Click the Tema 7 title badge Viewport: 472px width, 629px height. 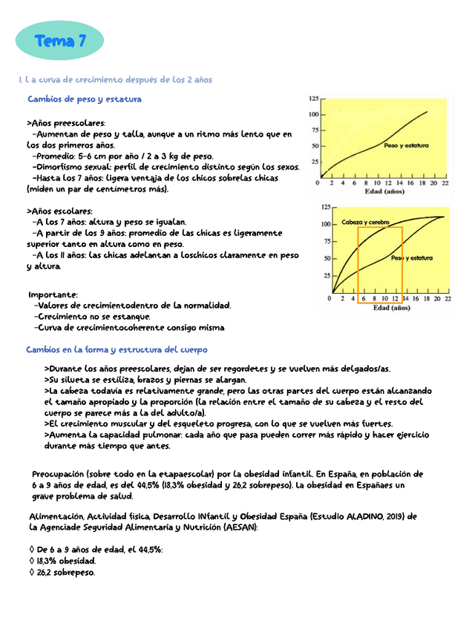pyautogui.click(x=59, y=42)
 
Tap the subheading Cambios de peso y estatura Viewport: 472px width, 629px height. pyautogui.click(x=84, y=99)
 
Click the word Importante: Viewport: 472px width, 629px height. pyautogui.click(x=52, y=294)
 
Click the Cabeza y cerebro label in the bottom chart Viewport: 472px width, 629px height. pyautogui.click(x=365, y=222)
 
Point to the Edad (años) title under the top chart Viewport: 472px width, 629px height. pyautogui.click(x=384, y=191)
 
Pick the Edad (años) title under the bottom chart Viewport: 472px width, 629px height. pyautogui.click(x=390, y=307)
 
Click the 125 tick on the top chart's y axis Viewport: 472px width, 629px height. pyautogui.click(x=314, y=98)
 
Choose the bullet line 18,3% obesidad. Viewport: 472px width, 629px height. pyautogui.click(x=62, y=561)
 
